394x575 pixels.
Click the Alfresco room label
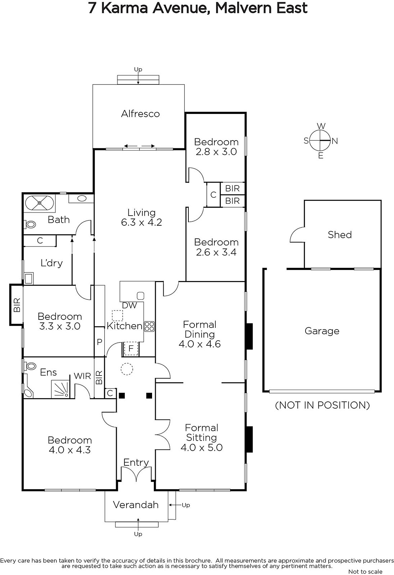[x=140, y=114]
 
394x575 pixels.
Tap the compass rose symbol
[x=320, y=141]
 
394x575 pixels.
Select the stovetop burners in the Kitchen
[x=149, y=327]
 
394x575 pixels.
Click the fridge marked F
[x=131, y=349]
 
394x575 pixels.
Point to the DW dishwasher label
[x=129, y=305]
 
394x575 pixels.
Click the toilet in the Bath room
[x=30, y=225]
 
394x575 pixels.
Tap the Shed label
[x=340, y=235]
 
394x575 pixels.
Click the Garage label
[x=322, y=331]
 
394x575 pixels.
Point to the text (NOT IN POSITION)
[x=322, y=405]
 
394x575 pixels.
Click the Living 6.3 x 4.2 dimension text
[x=142, y=222]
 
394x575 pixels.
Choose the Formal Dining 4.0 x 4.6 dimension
[x=200, y=344]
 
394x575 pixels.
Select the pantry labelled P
[x=100, y=342]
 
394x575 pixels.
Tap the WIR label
[x=82, y=376]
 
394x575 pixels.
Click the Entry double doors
[x=136, y=474]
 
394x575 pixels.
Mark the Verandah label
[x=136, y=505]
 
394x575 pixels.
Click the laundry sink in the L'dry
[x=28, y=279]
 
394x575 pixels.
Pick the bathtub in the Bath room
[x=39, y=203]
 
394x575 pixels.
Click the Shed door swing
[x=297, y=235]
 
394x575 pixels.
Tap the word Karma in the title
[x=125, y=8]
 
